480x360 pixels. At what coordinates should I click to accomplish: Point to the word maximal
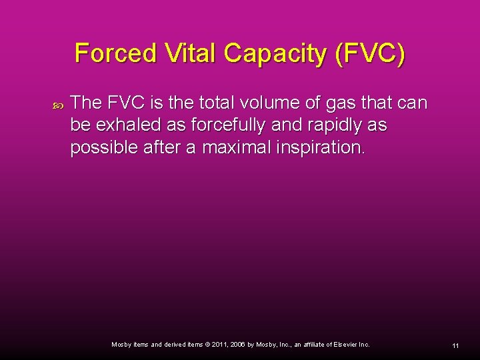230,148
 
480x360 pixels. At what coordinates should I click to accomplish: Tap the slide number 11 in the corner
455,345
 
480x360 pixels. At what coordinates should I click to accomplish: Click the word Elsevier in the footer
344,345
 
